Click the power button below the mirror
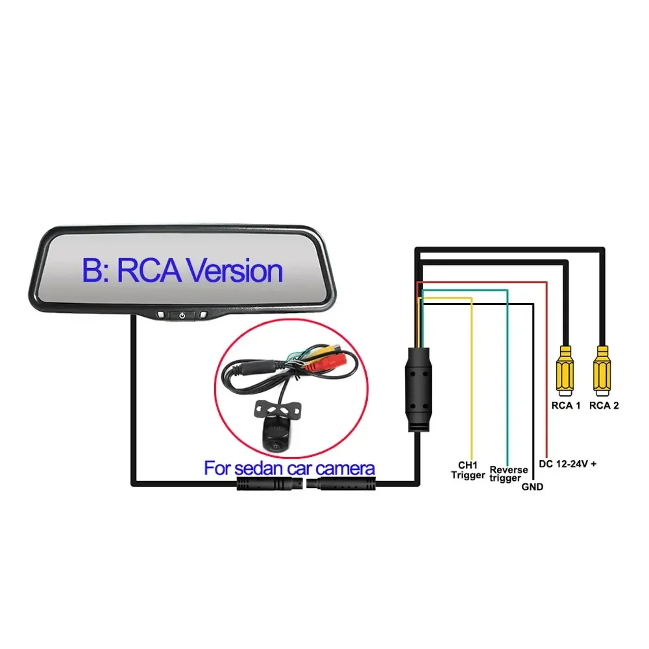[x=182, y=316]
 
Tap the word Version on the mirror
[x=234, y=271]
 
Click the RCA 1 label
[x=566, y=406]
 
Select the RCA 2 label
[x=604, y=406]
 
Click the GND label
[x=532, y=487]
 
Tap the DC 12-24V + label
[x=568, y=464]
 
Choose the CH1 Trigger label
[x=468, y=471]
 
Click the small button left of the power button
[x=160, y=316]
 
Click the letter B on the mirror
[x=93, y=271]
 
